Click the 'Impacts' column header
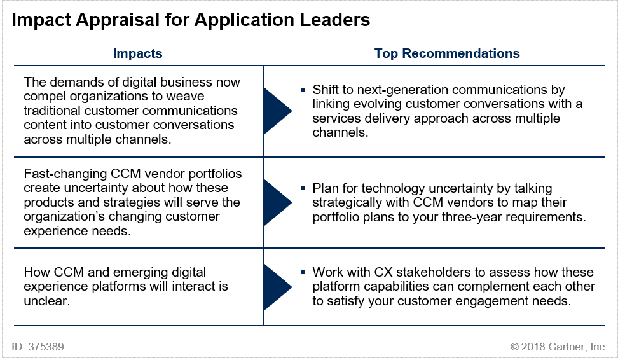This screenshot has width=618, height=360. (x=137, y=53)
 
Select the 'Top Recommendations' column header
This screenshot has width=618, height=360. (x=447, y=53)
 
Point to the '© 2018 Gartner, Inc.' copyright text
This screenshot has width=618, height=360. (x=558, y=347)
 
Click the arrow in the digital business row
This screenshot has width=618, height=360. (x=277, y=111)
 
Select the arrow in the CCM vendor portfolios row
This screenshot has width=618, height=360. (x=277, y=202)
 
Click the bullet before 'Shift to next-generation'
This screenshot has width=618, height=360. (x=303, y=90)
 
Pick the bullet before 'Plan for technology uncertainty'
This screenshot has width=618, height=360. (x=303, y=188)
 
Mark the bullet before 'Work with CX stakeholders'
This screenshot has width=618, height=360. (x=303, y=272)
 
